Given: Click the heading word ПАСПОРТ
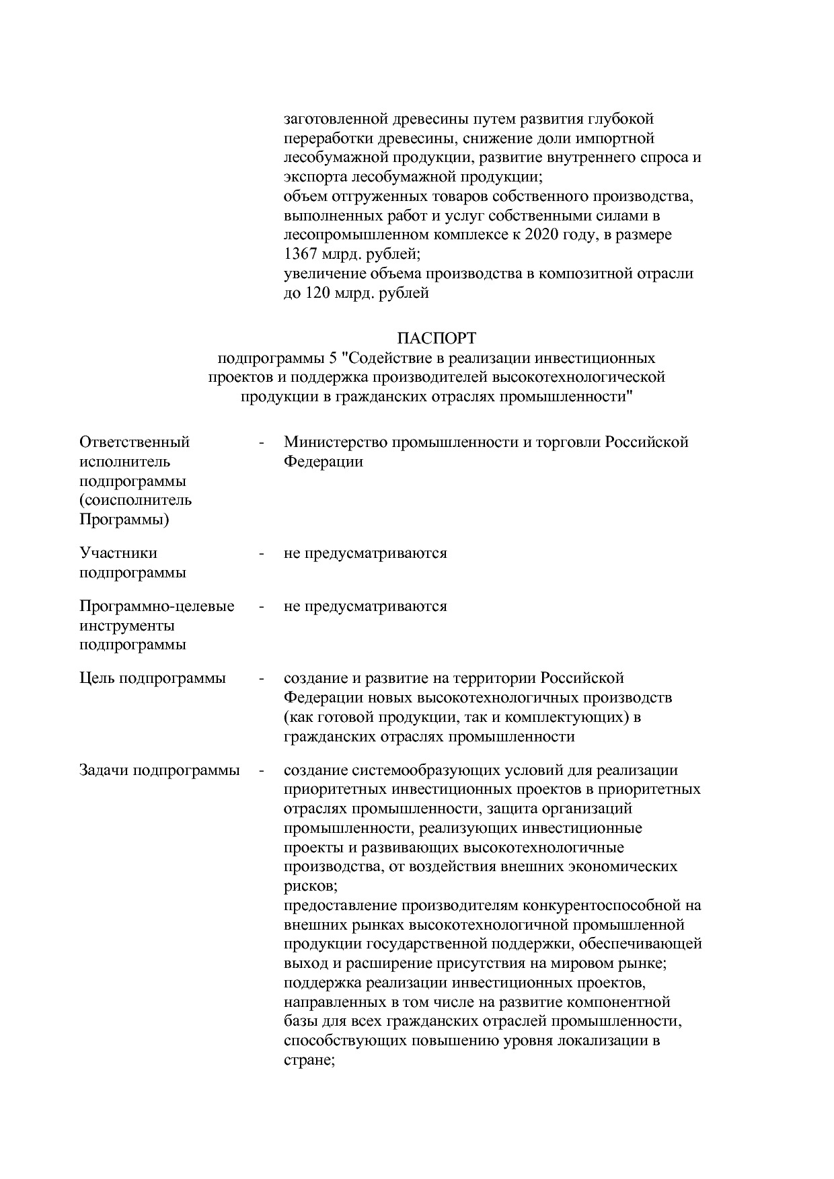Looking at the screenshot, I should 436,337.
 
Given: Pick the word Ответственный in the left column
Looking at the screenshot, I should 135,442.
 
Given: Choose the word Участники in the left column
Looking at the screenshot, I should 118,553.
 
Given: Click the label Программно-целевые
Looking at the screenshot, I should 157,606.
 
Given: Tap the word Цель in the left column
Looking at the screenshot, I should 97,678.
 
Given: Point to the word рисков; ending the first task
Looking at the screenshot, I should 306,886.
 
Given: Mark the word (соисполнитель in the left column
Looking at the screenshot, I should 135,501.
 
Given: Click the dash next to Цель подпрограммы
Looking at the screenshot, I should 261,678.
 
